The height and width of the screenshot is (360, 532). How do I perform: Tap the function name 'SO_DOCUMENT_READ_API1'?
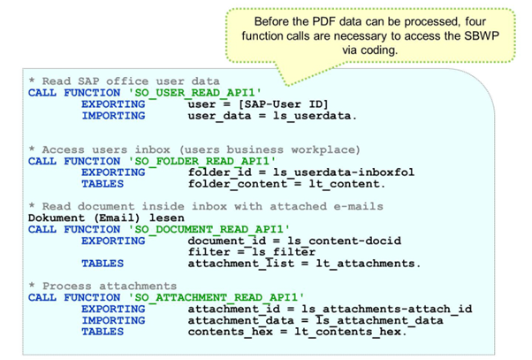(x=201, y=229)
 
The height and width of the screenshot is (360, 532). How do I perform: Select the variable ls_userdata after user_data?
(x=311, y=116)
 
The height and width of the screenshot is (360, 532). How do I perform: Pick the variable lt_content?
(x=350, y=184)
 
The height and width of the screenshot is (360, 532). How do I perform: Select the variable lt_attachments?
(x=372, y=264)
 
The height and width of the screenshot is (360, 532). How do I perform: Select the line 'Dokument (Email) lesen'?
(x=106, y=218)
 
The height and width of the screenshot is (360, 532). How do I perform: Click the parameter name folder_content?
(x=234, y=184)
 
